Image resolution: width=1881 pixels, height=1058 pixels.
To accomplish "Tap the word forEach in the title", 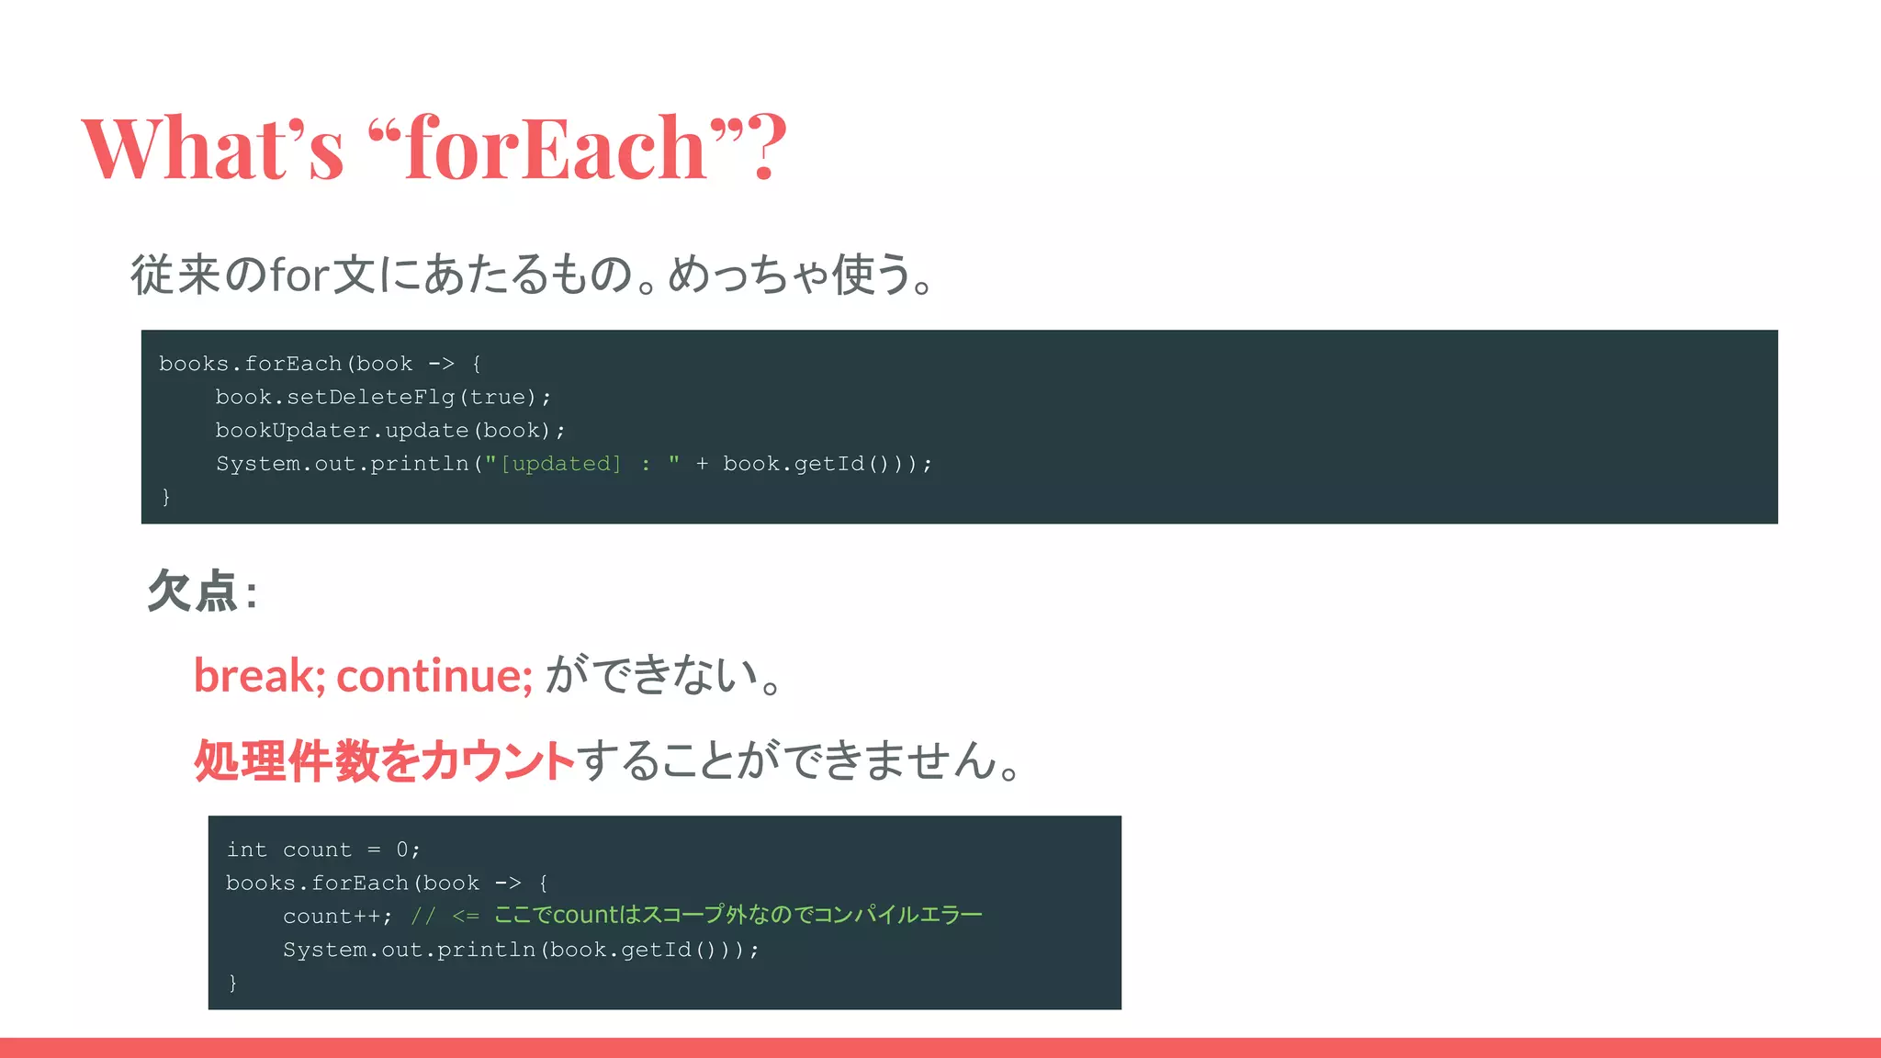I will coord(555,147).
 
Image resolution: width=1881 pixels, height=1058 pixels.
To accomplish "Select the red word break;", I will coord(259,676).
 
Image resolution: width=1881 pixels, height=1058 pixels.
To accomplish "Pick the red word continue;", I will coord(434,676).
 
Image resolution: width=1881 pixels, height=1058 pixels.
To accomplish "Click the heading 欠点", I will coord(193,591).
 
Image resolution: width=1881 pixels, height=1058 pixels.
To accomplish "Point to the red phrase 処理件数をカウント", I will coord(384,761).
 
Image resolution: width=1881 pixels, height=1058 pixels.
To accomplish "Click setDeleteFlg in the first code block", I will coord(370,398).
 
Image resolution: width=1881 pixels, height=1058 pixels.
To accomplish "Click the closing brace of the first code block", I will coord(166,497).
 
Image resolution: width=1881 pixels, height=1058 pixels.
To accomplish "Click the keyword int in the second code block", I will coord(246,850).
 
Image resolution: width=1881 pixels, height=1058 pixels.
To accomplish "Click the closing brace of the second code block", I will coord(233,983).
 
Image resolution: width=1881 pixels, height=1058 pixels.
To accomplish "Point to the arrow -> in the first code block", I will coord(441,365).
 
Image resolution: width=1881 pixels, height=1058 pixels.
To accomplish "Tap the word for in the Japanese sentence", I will coord(300,275).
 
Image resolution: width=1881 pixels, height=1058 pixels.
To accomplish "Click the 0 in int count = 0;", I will coord(402,850).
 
